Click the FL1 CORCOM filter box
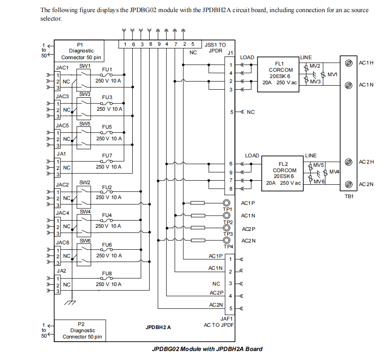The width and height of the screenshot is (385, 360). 277,74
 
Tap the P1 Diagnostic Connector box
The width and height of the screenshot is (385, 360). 80,51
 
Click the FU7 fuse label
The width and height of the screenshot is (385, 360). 107,156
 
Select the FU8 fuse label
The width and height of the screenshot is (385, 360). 107,273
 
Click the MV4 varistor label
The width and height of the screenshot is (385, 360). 334,172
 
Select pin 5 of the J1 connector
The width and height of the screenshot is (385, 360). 231,112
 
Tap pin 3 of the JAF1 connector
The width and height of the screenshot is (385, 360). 230,283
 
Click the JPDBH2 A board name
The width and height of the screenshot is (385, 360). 158,327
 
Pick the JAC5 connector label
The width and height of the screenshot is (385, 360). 62,126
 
